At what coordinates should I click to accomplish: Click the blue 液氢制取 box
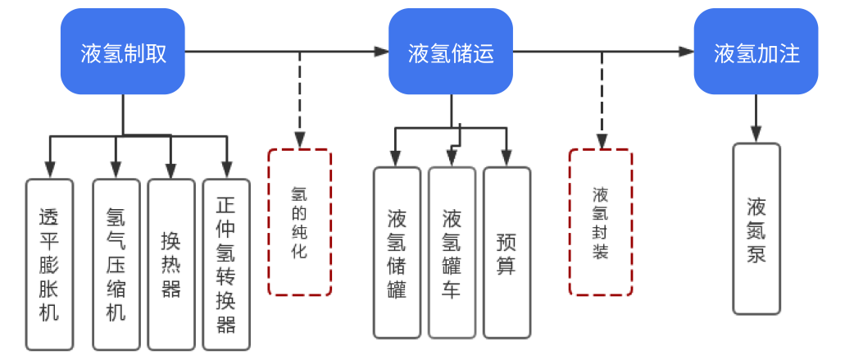[x=123, y=53]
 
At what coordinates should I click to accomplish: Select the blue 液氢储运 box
[x=452, y=53]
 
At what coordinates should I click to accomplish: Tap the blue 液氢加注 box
[x=756, y=53]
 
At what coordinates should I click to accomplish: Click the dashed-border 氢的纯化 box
[x=299, y=221]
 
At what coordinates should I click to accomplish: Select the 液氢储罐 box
[x=397, y=253]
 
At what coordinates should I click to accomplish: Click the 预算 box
[x=506, y=253]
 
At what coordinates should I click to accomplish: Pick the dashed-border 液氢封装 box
[x=601, y=221]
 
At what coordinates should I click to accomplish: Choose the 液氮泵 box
[x=756, y=229]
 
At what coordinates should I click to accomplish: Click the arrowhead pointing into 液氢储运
[x=381, y=52]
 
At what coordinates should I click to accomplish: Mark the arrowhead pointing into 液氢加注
[x=686, y=52]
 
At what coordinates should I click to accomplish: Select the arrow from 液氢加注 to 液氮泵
[x=756, y=119]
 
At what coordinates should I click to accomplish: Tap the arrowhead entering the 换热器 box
[x=170, y=171]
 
